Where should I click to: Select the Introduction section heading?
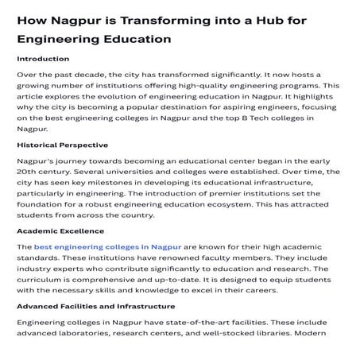pyautogui.click(x=43, y=59)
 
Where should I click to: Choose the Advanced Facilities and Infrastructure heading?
pyautogui.click(x=96, y=306)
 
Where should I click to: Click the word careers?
pyautogui.click(x=265, y=290)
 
